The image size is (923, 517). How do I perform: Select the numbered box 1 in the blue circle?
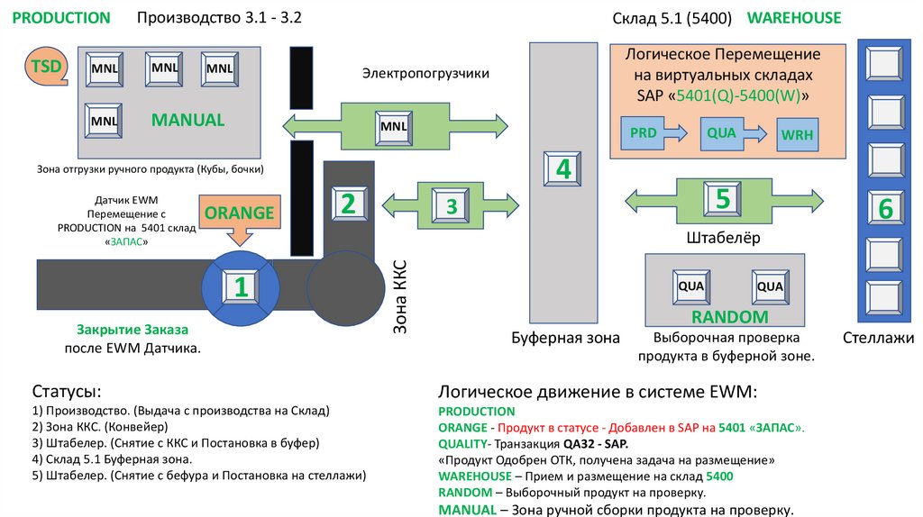241,286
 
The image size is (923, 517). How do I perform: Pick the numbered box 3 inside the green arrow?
452,206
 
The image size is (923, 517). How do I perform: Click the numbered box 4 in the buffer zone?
563,168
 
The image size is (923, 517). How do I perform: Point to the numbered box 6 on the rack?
884,208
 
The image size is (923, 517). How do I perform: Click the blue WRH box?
797,136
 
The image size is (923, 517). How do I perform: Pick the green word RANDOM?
729,317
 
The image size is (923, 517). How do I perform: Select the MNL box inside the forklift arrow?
393,126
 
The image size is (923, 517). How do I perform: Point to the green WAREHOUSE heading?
793,17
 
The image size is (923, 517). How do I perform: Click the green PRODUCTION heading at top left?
62,18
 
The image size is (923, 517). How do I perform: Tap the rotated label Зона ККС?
401,296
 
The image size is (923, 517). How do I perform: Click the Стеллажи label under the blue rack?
878,338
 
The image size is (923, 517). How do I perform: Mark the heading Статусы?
67,392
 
